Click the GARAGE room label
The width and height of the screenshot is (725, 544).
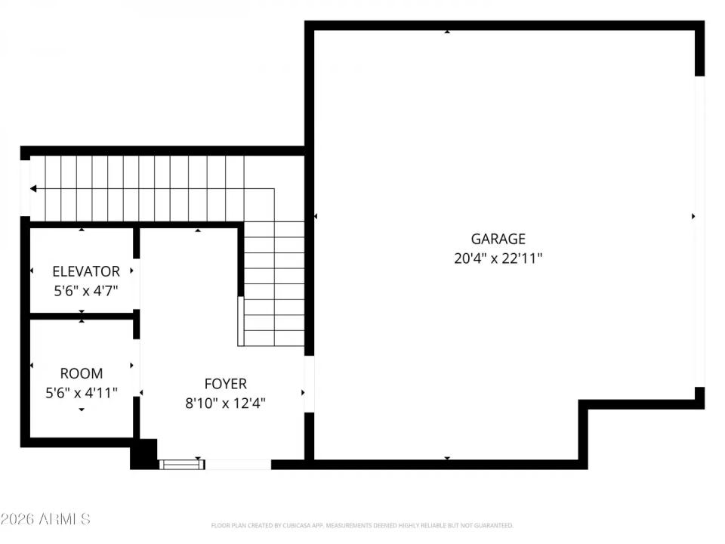coord(498,240)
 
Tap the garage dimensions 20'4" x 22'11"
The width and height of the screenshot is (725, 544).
coord(498,258)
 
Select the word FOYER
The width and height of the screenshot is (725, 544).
coord(225,384)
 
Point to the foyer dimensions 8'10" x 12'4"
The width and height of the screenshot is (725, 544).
coord(225,403)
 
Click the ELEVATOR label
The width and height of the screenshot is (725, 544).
coord(85,271)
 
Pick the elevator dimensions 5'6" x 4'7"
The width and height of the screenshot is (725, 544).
coord(85,289)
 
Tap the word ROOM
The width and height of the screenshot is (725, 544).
coord(82,373)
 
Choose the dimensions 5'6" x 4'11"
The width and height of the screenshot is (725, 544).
coord(82,392)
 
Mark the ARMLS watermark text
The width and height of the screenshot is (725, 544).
coord(45,519)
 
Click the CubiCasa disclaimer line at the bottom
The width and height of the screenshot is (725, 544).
coord(362,525)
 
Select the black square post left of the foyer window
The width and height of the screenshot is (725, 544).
coord(143,454)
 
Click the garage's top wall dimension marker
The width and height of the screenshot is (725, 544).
coord(447,32)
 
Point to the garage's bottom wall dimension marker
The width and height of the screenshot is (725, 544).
coord(447,458)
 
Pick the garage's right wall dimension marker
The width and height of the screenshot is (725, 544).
coord(693,216)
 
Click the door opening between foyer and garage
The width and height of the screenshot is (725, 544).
coord(309,384)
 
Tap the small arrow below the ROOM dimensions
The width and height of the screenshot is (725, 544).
coord(82,410)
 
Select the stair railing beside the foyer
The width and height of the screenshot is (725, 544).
coord(241,320)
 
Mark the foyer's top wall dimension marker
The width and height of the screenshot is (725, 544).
coord(198,230)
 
